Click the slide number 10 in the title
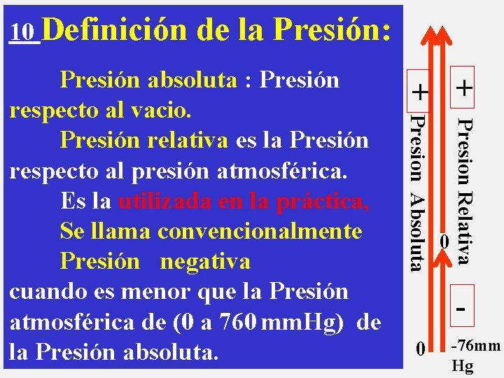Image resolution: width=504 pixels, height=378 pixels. pos(24,32)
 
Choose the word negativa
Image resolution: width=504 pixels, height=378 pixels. pos(205,261)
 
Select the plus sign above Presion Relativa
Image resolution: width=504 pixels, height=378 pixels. pos(463,88)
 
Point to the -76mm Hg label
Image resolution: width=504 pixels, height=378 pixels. pos(475,355)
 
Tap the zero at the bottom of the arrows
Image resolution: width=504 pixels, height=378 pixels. pos(419,347)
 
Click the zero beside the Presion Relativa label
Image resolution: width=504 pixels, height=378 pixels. pos(444,241)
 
